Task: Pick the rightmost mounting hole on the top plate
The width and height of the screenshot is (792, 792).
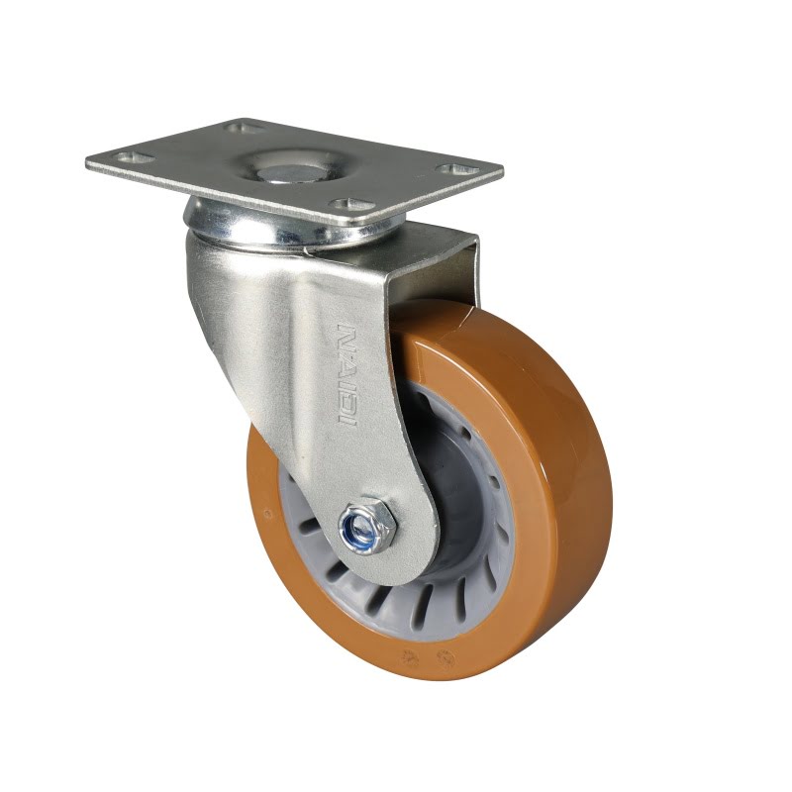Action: coord(456,168)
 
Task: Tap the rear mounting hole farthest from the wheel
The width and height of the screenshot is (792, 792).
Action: coord(245,127)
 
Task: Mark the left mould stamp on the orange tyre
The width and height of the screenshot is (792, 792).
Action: coord(408,657)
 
